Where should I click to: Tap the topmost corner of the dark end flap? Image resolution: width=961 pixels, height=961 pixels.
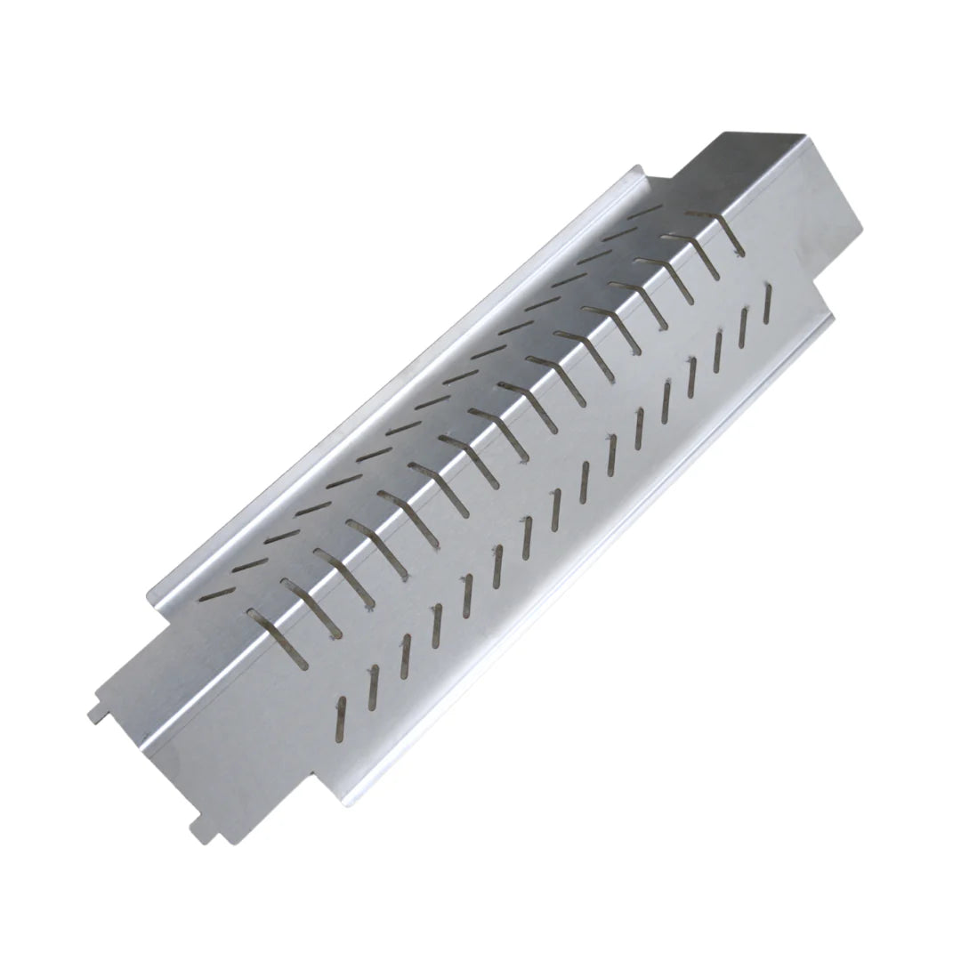pyautogui.click(x=725, y=133)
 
